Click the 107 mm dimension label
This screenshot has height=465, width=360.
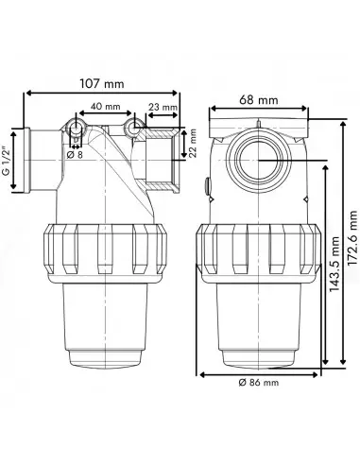pyautogui.click(x=102, y=84)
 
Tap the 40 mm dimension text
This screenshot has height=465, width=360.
pyautogui.click(x=106, y=107)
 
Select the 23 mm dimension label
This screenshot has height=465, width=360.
pyautogui.click(x=163, y=107)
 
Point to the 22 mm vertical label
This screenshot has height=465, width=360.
pyautogui.click(x=193, y=143)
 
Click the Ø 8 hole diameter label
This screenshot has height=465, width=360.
pyautogui.click(x=76, y=154)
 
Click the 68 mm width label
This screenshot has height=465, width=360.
pyautogui.click(x=259, y=100)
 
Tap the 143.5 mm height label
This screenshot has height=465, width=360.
pyautogui.click(x=334, y=265)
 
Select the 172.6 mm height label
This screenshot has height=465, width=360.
pyautogui.click(x=353, y=238)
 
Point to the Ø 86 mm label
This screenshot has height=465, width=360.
pyautogui.click(x=259, y=383)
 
